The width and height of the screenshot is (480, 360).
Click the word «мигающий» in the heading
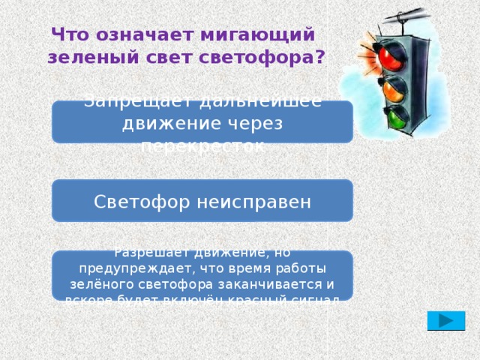257,35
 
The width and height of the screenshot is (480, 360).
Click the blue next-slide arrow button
445,320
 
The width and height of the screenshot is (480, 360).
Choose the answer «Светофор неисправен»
202,201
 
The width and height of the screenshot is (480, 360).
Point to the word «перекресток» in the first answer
202,145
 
